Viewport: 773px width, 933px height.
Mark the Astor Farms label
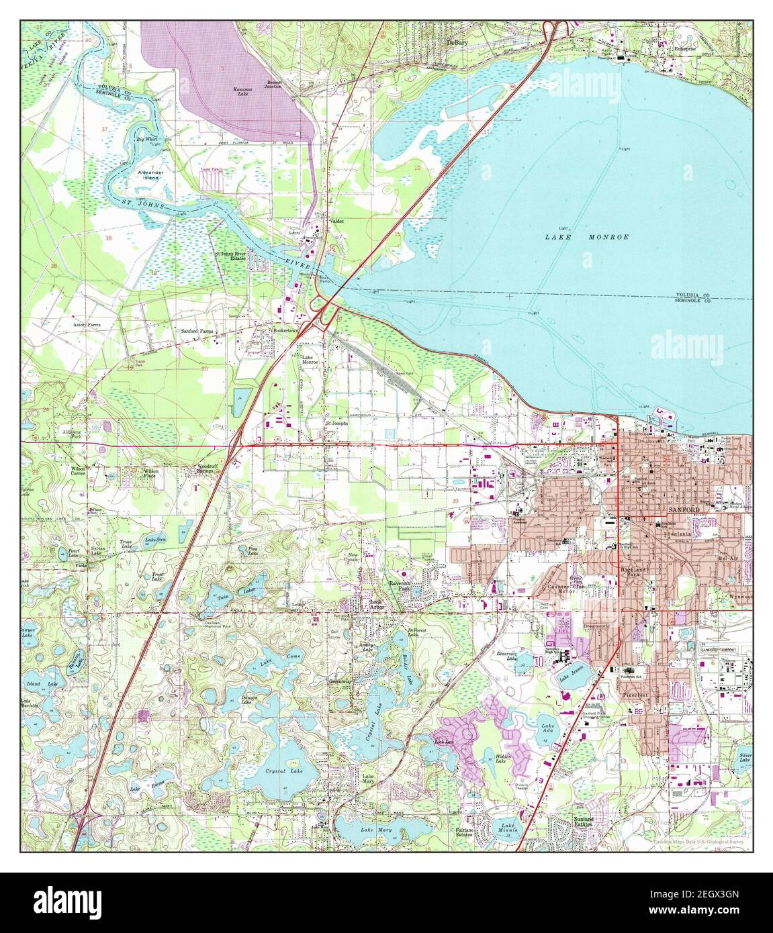coord(86,324)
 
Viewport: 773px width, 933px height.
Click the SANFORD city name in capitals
coord(684,510)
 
